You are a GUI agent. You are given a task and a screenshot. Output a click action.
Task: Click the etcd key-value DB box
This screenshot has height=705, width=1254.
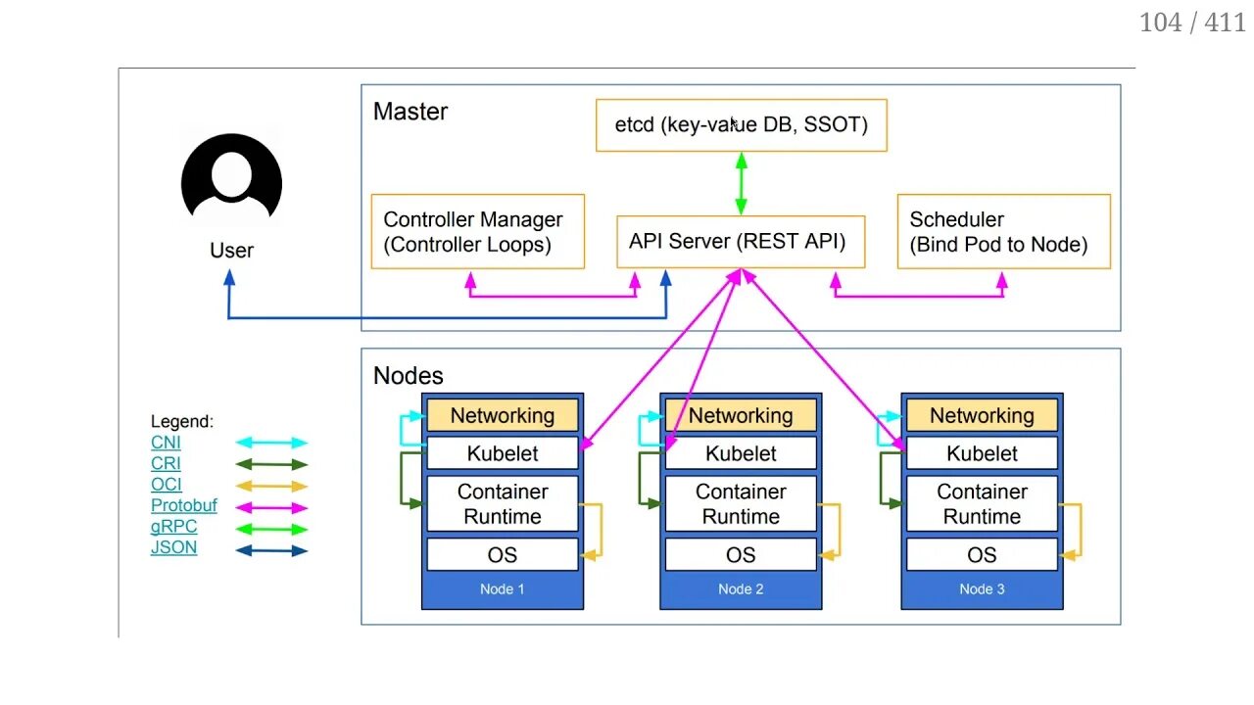point(741,125)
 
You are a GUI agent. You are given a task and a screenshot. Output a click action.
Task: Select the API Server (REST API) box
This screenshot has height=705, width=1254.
point(740,242)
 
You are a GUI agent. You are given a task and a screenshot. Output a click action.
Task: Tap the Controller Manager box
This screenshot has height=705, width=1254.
point(477,232)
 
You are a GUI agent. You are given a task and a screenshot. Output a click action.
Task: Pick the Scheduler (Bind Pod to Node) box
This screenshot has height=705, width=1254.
point(1003,232)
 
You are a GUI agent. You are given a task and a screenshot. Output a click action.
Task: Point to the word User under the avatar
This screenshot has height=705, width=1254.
point(231,251)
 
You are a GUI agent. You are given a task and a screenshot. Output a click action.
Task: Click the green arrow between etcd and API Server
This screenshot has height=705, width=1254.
point(742,183)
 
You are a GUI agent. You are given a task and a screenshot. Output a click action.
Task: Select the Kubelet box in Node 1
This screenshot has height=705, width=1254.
point(502,453)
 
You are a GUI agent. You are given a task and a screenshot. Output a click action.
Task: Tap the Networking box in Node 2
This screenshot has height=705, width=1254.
point(741,415)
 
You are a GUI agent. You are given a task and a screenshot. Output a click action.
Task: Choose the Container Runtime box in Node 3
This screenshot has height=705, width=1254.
point(982,504)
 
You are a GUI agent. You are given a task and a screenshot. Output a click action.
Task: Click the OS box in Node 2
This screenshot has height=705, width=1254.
point(741,555)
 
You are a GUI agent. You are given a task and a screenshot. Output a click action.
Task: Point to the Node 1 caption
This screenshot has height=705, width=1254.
point(502,589)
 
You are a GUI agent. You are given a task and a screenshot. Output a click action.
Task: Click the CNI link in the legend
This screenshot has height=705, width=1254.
point(166,443)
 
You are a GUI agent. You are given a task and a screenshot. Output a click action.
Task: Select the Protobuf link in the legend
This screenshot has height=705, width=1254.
point(183,506)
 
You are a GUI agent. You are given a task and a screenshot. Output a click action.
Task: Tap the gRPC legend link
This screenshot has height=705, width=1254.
point(173,527)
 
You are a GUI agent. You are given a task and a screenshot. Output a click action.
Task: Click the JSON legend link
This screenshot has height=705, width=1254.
point(173,548)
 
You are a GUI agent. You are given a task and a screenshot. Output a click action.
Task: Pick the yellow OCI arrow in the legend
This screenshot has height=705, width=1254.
point(271,486)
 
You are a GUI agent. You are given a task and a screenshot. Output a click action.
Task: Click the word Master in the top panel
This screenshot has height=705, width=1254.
point(410,112)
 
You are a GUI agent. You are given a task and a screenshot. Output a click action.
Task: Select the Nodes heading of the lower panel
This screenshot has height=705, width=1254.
point(408,376)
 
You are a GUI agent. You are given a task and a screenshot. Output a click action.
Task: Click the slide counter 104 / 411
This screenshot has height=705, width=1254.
point(1191,23)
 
